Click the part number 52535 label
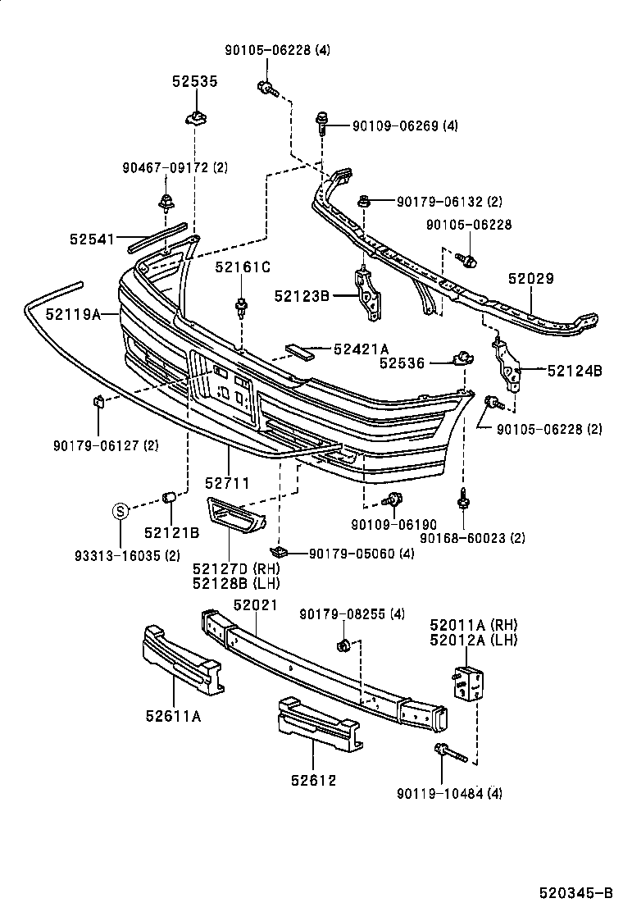click(x=195, y=81)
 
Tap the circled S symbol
click(x=120, y=512)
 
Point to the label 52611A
click(x=173, y=716)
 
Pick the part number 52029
click(x=530, y=279)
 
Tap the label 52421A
click(x=362, y=349)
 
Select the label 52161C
click(x=243, y=267)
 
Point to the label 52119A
click(x=73, y=313)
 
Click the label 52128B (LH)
click(x=236, y=583)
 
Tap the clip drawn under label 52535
click(x=195, y=116)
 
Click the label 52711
click(x=227, y=484)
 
